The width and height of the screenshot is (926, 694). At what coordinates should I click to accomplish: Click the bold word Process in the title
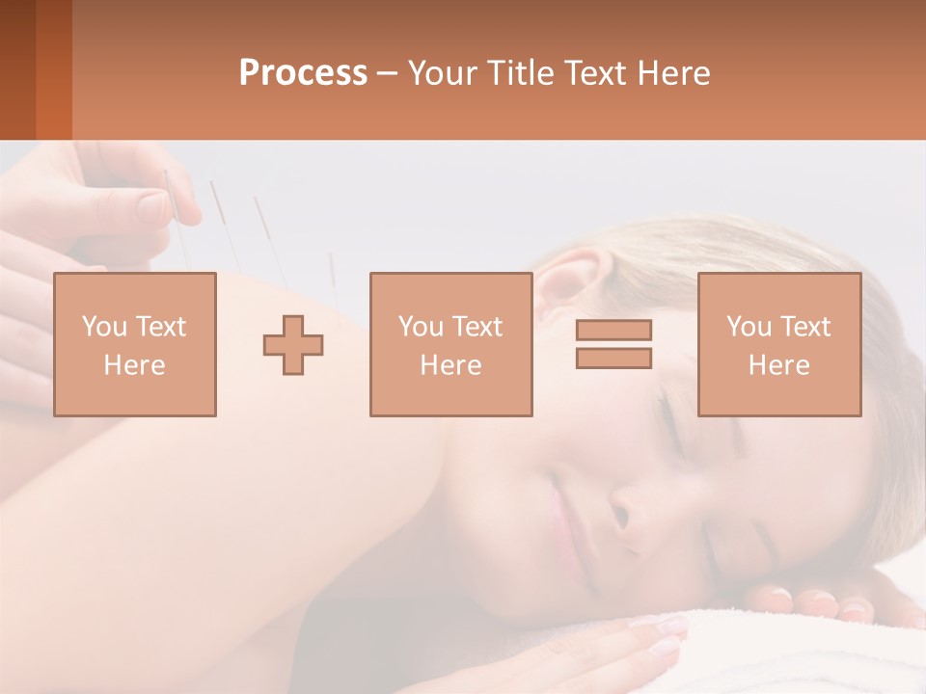pyautogui.click(x=303, y=73)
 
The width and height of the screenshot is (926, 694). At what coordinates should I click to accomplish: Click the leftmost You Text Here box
pyautogui.click(x=135, y=345)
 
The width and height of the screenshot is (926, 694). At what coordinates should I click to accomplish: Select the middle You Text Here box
pyautogui.click(x=450, y=345)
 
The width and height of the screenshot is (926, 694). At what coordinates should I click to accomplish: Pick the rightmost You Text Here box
pyautogui.click(x=779, y=345)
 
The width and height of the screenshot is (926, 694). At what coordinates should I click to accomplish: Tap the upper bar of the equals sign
pyautogui.click(x=613, y=331)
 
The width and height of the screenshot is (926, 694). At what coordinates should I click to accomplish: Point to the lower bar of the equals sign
pyautogui.click(x=613, y=358)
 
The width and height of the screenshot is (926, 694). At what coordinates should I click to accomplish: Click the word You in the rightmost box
pyautogui.click(x=749, y=327)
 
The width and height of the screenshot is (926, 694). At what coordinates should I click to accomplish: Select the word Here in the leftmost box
pyautogui.click(x=135, y=365)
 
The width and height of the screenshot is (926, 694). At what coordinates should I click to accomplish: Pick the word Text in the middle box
pyautogui.click(x=478, y=327)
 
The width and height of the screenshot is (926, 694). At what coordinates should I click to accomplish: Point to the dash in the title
pyautogui.click(x=388, y=73)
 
